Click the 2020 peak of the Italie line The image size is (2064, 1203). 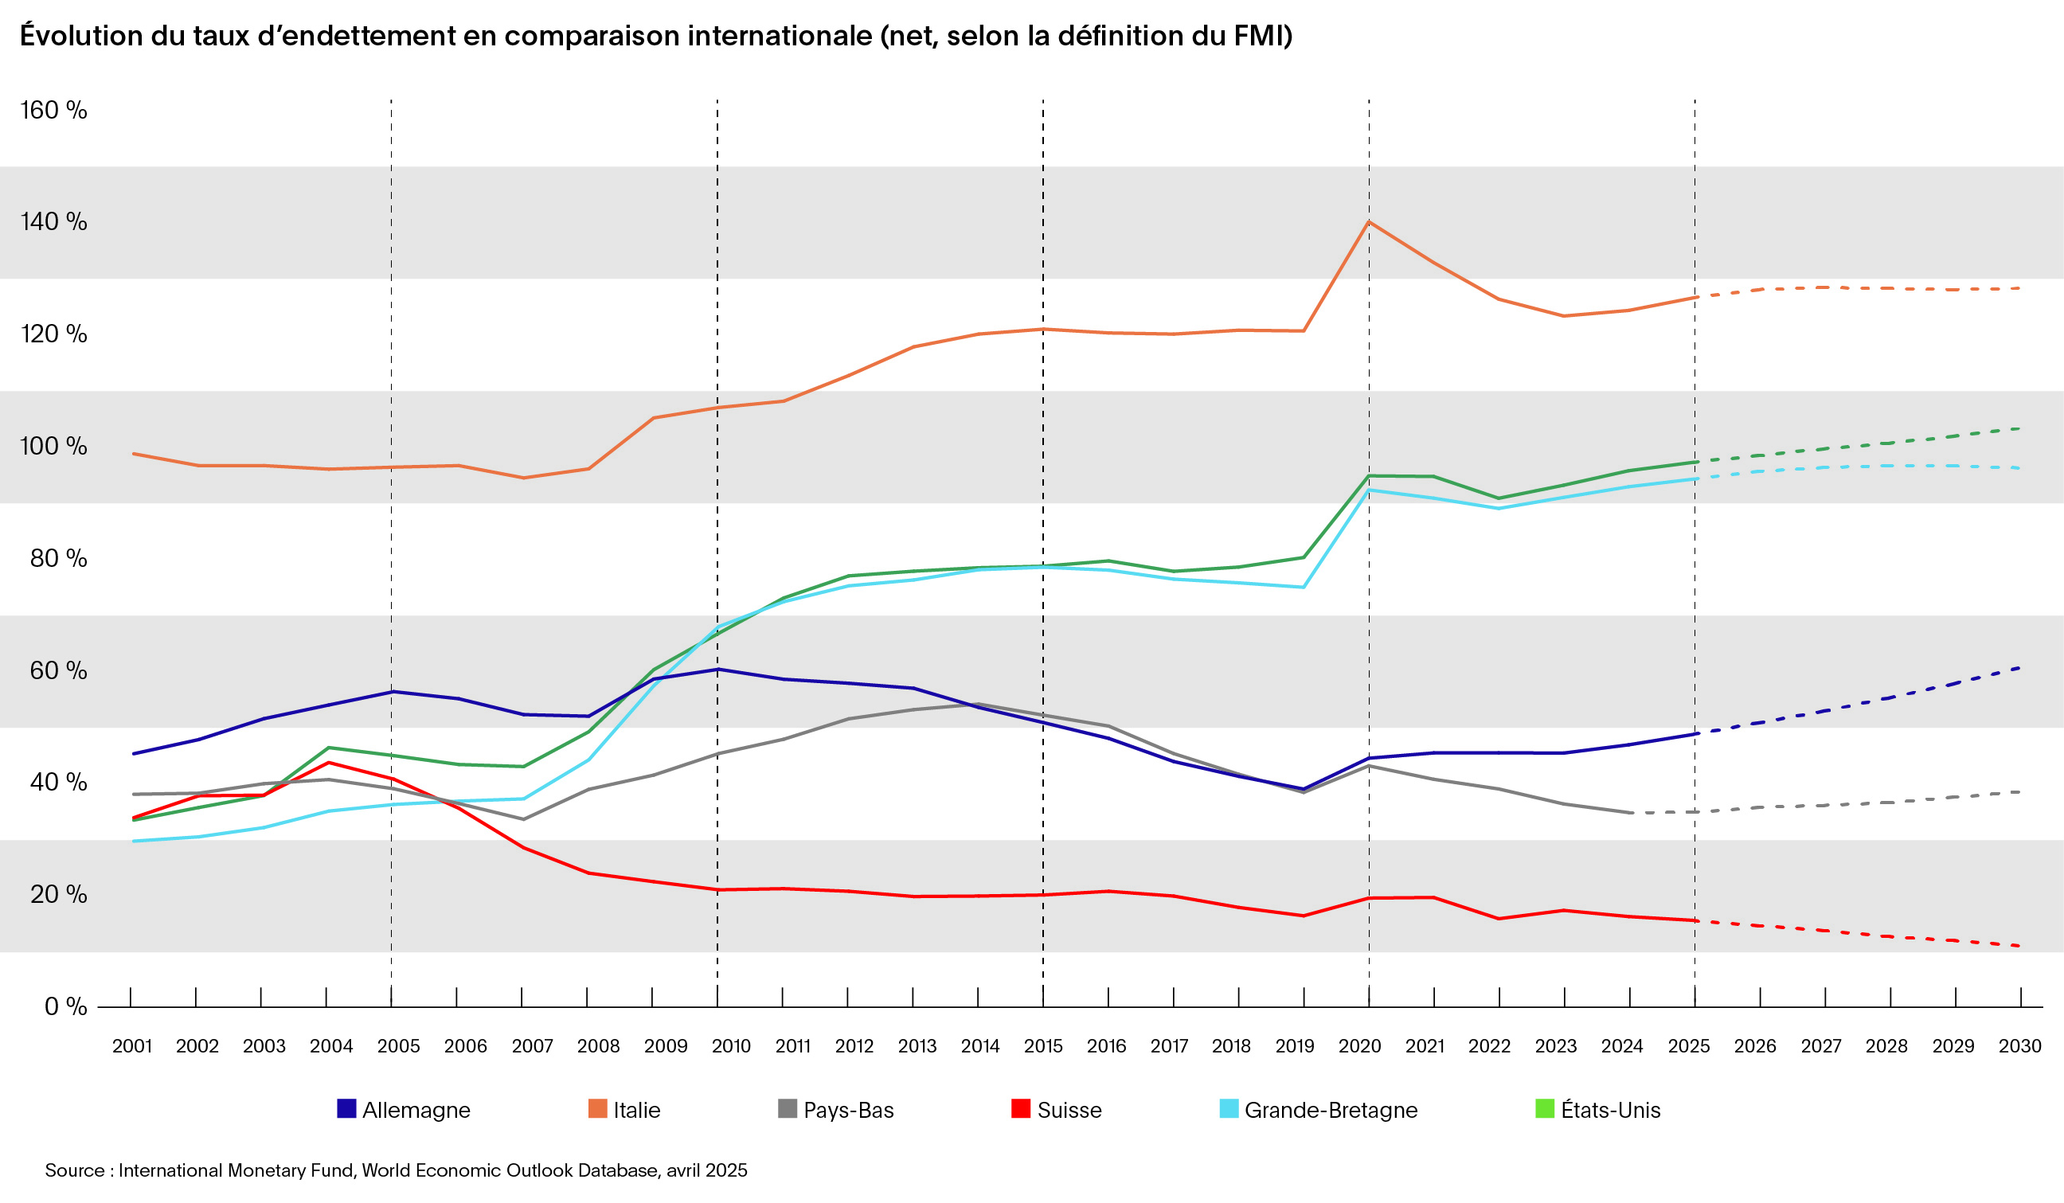(1369, 222)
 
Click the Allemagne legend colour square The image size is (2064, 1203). (346, 1109)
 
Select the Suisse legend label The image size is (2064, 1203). (1069, 1110)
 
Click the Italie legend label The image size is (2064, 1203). (636, 1110)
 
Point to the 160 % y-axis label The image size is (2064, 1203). (53, 110)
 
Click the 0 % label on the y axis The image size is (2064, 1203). (65, 1006)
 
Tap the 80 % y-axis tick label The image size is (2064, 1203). (58, 557)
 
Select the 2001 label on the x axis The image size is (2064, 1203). (132, 1046)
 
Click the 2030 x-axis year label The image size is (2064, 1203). (2019, 1046)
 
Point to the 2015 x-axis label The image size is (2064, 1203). (1042, 1046)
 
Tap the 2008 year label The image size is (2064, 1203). (598, 1046)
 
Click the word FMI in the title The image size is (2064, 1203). (1260, 36)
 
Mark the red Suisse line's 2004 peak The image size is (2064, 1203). (328, 763)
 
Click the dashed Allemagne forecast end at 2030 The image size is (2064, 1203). (2019, 668)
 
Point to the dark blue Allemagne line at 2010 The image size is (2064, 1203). (717, 669)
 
